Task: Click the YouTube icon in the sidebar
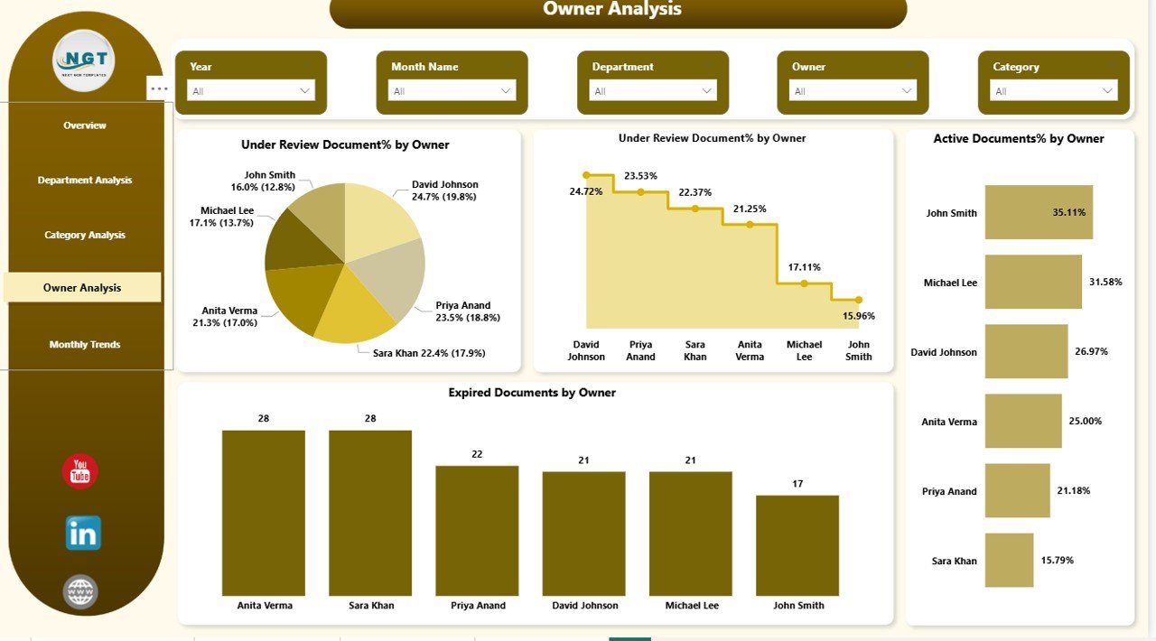(80, 471)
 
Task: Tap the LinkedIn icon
(83, 533)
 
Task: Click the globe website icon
(80, 592)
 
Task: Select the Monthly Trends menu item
(85, 344)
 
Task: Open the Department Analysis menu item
(85, 180)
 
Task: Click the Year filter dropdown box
(251, 90)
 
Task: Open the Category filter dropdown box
(1054, 90)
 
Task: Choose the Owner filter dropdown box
(853, 90)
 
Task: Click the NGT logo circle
(84, 60)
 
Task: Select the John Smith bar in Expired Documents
(797, 545)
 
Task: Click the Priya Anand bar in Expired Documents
(477, 531)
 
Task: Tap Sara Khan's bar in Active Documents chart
(1009, 561)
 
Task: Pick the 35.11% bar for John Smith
(1039, 212)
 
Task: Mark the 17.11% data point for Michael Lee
(804, 283)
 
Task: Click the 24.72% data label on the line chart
(586, 191)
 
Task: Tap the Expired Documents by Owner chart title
(532, 393)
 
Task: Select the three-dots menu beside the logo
(159, 88)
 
